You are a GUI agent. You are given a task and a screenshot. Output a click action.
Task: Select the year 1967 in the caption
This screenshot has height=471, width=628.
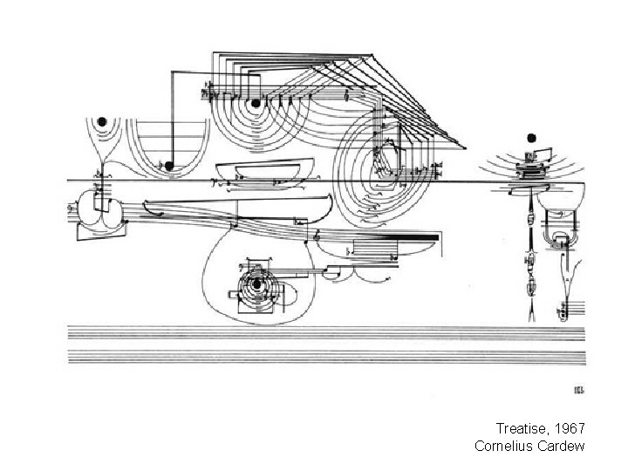click(x=568, y=429)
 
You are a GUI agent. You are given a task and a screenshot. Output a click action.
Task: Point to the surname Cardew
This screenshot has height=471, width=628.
click(x=562, y=446)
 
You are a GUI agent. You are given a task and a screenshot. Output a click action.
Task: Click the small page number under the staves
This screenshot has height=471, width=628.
click(x=579, y=390)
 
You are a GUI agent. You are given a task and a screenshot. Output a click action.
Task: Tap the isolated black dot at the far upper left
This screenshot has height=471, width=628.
click(x=102, y=120)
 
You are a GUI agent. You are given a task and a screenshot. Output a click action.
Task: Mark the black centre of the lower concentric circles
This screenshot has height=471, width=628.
click(x=256, y=284)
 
